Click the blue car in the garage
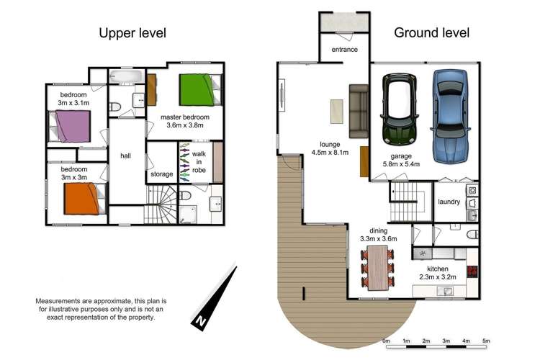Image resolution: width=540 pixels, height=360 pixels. point(451,117)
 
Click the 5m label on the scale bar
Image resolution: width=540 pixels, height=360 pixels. point(486,341)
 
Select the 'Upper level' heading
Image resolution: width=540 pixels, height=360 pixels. point(132,33)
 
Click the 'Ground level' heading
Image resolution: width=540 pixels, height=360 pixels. point(431,33)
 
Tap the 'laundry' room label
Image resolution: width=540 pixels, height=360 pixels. point(449,202)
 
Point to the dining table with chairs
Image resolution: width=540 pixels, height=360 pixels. point(377,266)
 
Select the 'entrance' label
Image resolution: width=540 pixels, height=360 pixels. point(344,50)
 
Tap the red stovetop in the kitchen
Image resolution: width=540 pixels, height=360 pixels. point(473,271)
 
